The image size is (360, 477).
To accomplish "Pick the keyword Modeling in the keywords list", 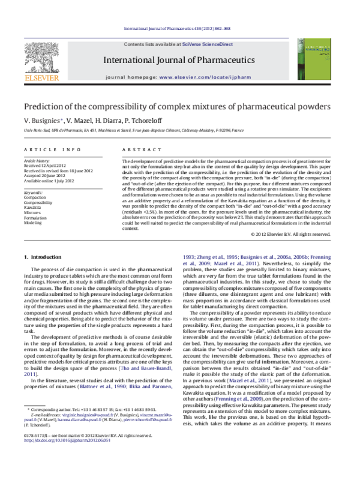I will [x=32, y=222].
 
